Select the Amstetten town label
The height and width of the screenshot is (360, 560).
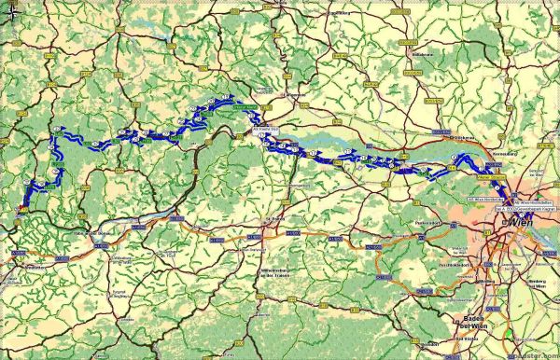click(x=29, y=266)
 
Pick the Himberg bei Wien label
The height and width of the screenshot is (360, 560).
click(x=533, y=280)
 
